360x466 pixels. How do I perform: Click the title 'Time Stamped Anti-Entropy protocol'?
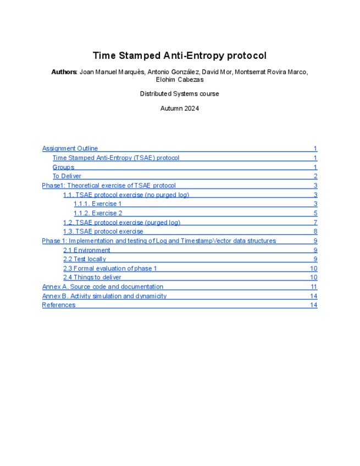point(179,56)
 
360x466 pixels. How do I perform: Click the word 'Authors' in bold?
point(64,72)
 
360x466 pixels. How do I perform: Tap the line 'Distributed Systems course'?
point(179,94)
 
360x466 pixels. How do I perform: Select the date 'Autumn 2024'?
point(179,109)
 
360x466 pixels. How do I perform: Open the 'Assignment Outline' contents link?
point(70,148)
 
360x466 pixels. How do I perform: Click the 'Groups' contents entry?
point(63,167)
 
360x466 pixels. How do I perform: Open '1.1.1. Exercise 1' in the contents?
point(98,204)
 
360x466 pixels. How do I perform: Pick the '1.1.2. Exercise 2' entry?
point(98,213)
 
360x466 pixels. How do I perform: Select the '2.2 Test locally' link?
point(85,259)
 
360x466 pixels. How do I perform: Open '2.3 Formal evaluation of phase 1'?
point(110,269)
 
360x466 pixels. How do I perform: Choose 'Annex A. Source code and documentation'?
point(103,287)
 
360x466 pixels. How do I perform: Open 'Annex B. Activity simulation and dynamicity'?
point(104,296)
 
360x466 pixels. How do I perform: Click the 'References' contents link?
point(59,305)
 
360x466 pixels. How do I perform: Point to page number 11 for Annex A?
point(314,287)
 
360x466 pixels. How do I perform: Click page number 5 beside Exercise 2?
point(315,213)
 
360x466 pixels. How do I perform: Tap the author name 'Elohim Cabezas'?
point(180,80)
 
